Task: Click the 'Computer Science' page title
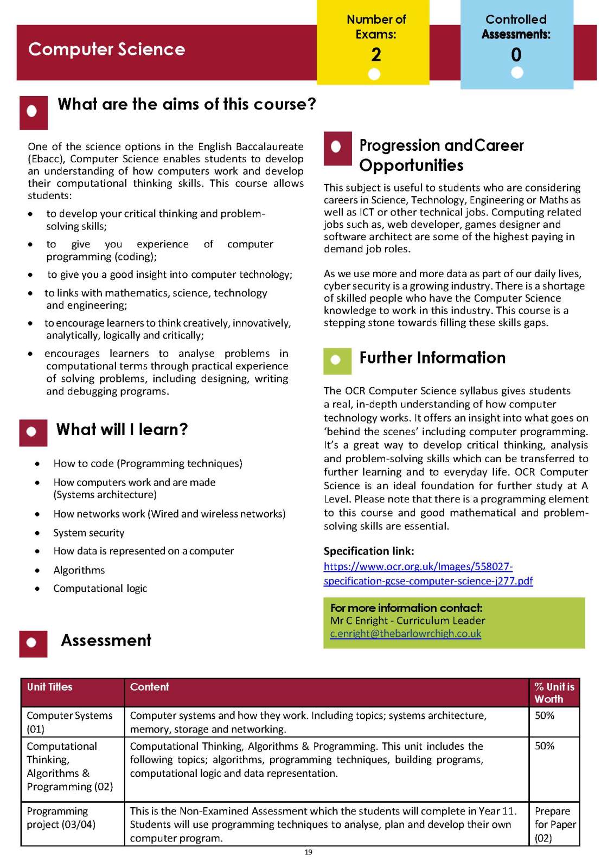[x=106, y=49]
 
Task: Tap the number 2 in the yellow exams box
[x=376, y=54]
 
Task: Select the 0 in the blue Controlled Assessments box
[x=516, y=54]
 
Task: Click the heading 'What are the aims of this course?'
[x=187, y=104]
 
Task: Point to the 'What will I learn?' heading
[x=122, y=430]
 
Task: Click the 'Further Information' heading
[x=432, y=358]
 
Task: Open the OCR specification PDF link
[x=428, y=574]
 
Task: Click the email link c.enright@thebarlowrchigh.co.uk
[x=405, y=634]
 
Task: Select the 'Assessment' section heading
[x=106, y=640]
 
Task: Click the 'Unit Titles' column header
[x=49, y=687]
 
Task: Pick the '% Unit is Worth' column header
[x=554, y=693]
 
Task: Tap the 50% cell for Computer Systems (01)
[x=545, y=716]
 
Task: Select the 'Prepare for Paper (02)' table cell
[x=554, y=824]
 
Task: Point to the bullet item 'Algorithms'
[x=79, y=570]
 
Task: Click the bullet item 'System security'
[x=89, y=533]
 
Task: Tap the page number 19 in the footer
[x=308, y=852]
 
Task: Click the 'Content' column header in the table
[x=149, y=687]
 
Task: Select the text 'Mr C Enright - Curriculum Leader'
[x=407, y=621]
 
